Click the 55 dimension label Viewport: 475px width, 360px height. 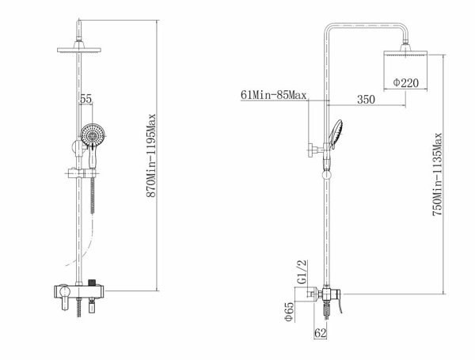[85, 99]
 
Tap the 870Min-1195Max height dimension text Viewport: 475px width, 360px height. [151, 155]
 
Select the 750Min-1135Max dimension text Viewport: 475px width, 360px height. [437, 174]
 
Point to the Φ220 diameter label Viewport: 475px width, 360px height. [406, 82]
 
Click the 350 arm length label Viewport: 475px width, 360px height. [366, 100]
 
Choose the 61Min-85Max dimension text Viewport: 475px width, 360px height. [273, 95]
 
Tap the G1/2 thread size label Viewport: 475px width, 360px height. [302, 271]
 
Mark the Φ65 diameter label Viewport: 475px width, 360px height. [289, 312]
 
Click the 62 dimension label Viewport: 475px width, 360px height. [321, 333]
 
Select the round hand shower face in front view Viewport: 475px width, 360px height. [93, 135]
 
